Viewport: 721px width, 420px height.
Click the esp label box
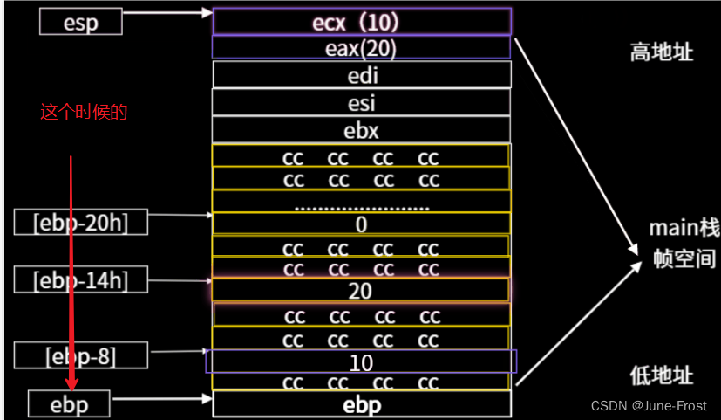point(81,21)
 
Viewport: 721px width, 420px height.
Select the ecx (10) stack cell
point(361,21)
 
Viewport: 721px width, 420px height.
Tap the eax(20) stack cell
point(361,48)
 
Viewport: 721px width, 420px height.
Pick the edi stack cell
point(361,75)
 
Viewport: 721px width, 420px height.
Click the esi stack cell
point(361,102)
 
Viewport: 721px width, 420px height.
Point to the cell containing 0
point(361,224)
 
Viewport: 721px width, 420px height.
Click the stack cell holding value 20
point(361,291)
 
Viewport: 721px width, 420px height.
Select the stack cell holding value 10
point(361,361)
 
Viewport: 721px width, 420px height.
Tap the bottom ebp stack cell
point(361,404)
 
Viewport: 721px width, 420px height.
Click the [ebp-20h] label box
point(80,222)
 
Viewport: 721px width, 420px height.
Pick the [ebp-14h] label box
point(80,280)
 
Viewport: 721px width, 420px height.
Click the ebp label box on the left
point(70,403)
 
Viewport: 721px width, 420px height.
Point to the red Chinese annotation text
point(84,112)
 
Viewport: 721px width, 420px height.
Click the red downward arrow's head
point(71,384)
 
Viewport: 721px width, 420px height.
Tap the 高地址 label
point(662,53)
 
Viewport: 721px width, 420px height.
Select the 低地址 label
point(662,375)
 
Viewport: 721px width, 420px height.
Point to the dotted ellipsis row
point(361,207)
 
